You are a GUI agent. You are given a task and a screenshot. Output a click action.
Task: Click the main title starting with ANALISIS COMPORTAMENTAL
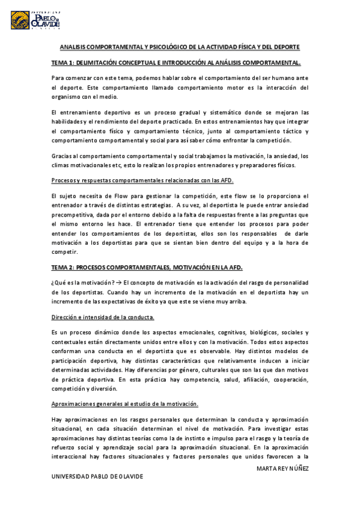click(x=180, y=47)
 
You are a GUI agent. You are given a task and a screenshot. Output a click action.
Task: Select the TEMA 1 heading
click(x=176, y=63)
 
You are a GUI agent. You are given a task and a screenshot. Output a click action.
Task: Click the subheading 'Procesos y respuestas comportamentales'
click(x=142, y=180)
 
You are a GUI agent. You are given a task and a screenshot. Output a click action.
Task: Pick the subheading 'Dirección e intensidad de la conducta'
click(x=103, y=317)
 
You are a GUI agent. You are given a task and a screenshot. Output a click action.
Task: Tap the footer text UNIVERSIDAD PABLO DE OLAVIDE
click(x=97, y=476)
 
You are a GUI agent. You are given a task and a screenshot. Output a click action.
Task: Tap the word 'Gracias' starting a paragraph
click(x=63, y=155)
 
